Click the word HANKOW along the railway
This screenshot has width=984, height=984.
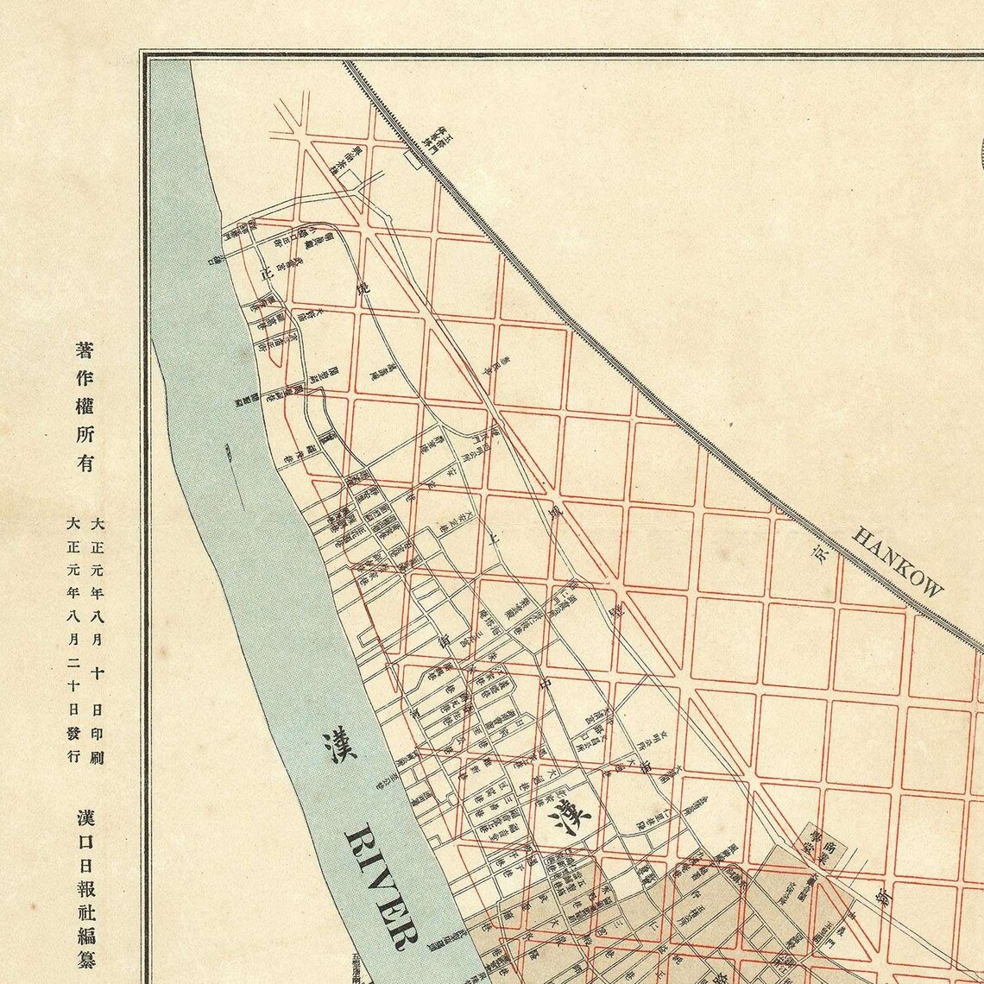(898, 561)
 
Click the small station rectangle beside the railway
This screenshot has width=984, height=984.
(412, 159)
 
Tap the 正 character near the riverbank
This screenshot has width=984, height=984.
(267, 274)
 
